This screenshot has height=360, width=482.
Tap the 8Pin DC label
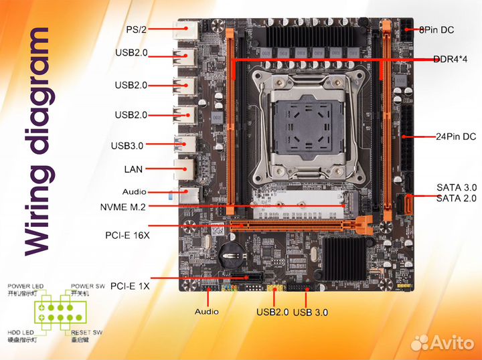tap(437, 29)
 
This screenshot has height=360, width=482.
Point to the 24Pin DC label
tap(456, 137)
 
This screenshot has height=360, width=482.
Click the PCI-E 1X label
tap(130, 286)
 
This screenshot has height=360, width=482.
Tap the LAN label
tap(134, 169)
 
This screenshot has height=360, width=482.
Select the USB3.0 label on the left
tap(127, 145)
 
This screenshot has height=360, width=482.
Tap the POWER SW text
tap(88, 286)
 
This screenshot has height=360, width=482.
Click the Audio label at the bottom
tap(207, 311)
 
